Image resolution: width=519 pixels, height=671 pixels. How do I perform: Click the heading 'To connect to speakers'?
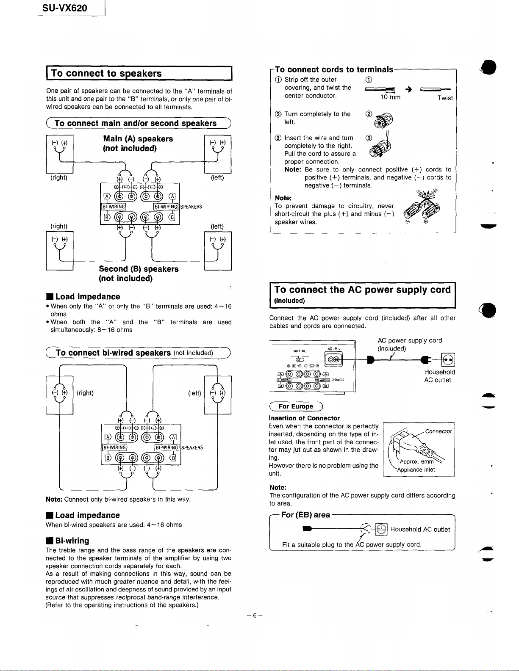pyautogui.click(x=106, y=73)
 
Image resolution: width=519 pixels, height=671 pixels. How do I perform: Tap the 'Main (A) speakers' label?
pyautogui.click(x=138, y=139)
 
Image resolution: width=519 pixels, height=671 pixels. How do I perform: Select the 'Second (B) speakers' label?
pyautogui.click(x=139, y=269)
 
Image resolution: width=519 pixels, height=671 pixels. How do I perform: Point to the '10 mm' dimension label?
pyautogui.click(x=391, y=97)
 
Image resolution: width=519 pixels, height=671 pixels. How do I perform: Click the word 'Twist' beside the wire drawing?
pyautogui.click(x=445, y=98)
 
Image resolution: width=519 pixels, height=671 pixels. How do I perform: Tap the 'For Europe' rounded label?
pyautogui.click(x=296, y=406)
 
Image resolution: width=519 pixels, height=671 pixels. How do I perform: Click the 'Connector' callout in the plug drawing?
pyautogui.click(x=439, y=431)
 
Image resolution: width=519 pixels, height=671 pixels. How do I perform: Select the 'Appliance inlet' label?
pyautogui.click(x=416, y=469)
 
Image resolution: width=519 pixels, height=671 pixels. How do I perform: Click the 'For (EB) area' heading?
pyautogui.click(x=305, y=515)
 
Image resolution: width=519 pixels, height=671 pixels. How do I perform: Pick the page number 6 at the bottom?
pyautogui.click(x=255, y=616)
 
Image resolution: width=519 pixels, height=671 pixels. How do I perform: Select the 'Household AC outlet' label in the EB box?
pyautogui.click(x=420, y=529)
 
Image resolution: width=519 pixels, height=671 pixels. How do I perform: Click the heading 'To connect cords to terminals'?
pyautogui.click(x=334, y=69)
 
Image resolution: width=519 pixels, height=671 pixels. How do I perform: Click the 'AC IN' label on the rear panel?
pyautogui.click(x=331, y=349)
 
